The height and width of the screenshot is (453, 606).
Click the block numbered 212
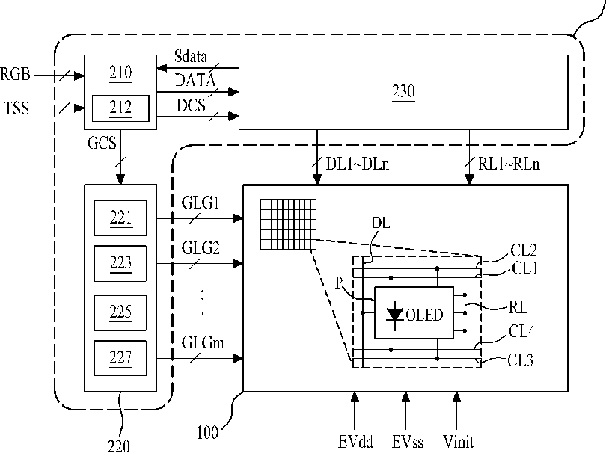point(120,108)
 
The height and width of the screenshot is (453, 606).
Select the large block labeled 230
point(403,92)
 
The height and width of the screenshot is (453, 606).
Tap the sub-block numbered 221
point(120,218)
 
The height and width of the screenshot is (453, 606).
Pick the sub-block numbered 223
point(120,263)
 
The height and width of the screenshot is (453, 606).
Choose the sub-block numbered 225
point(120,312)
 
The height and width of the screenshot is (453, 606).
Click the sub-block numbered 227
point(120,358)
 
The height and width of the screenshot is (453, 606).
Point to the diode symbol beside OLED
point(395,315)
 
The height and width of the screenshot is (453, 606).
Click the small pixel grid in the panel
point(288,224)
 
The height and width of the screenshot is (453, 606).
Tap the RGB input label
point(15,74)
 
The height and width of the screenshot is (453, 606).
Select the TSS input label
point(16,108)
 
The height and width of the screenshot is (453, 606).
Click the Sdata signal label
point(191,56)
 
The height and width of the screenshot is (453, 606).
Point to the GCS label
point(102,143)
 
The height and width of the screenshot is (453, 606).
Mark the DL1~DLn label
point(358,164)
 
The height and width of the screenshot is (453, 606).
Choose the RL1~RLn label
point(509,164)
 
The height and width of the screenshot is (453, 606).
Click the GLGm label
point(203,342)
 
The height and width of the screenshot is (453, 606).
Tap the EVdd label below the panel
point(355,442)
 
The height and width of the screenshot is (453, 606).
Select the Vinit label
point(458,442)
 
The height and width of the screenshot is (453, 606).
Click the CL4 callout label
point(521,331)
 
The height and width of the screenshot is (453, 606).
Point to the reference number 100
point(207,433)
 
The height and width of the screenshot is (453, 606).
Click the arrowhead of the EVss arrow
point(405,397)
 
